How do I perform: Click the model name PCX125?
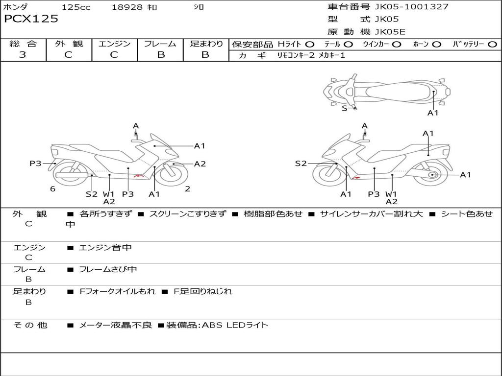click(31, 19)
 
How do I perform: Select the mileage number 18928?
click(127, 7)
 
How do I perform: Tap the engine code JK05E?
click(390, 32)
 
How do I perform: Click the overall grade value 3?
click(23, 55)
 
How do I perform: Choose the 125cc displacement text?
click(76, 7)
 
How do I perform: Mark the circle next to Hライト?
click(310, 44)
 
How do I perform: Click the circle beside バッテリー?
click(492, 44)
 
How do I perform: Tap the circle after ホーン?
click(436, 44)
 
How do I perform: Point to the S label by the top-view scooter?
click(344, 108)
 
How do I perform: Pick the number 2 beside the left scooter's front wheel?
click(187, 189)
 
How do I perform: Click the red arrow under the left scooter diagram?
click(139, 175)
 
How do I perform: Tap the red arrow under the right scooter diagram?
click(356, 178)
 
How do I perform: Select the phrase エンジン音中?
click(105, 248)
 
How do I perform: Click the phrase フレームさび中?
click(108, 270)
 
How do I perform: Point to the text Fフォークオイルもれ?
click(118, 292)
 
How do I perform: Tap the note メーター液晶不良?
click(116, 325)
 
